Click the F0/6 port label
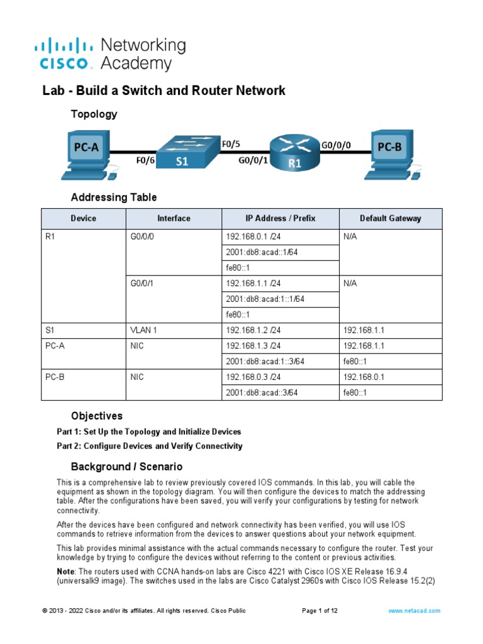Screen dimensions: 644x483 click(145, 160)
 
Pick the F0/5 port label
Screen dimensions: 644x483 click(231, 144)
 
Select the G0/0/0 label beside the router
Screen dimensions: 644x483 click(336, 145)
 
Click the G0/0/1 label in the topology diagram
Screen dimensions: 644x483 click(253, 160)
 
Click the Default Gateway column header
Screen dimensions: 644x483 click(390, 218)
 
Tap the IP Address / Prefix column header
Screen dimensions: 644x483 click(280, 218)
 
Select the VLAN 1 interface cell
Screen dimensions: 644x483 click(144, 330)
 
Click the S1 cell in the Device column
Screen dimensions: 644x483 click(51, 330)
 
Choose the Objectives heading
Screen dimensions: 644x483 click(96, 416)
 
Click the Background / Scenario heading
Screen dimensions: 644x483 click(126, 467)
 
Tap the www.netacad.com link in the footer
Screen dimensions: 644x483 click(414, 611)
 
